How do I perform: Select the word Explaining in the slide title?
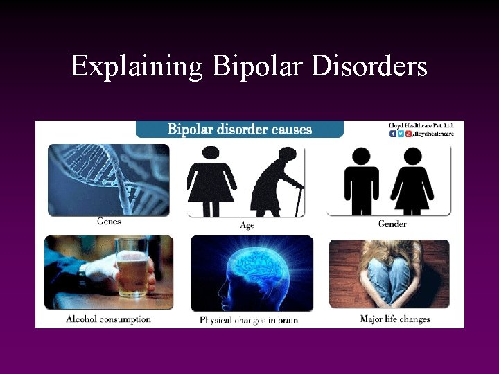pyautogui.click(x=136, y=67)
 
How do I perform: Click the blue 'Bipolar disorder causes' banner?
pyautogui.click(x=240, y=130)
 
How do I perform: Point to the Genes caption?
pyautogui.click(x=109, y=222)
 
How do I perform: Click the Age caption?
pyautogui.click(x=247, y=225)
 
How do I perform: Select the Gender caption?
pyautogui.click(x=392, y=224)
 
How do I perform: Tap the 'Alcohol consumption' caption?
pyautogui.click(x=108, y=319)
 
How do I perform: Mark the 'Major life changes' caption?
pyautogui.click(x=395, y=319)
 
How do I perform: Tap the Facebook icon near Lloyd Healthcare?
pyautogui.click(x=393, y=134)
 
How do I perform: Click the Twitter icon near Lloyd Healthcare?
pyautogui.click(x=401, y=134)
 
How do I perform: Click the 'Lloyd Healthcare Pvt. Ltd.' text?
pyautogui.click(x=421, y=125)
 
